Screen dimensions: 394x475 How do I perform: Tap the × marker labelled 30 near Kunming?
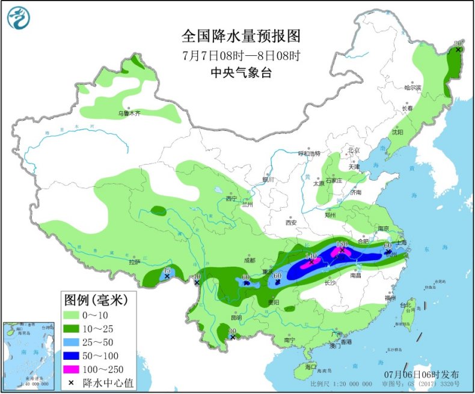click(x=233, y=337)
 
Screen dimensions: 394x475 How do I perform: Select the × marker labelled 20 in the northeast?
click(x=458, y=49)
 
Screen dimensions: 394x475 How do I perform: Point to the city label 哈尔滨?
click(x=413, y=88)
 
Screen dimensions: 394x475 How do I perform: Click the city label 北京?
click(x=353, y=151)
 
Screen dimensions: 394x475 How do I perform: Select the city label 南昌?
click(x=355, y=276)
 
